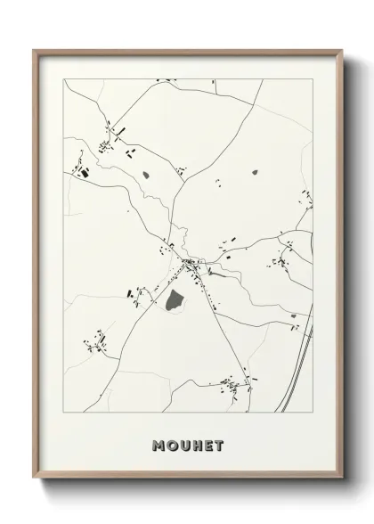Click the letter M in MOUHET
pos(158,446)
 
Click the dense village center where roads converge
pos(190,263)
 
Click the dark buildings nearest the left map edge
pos(85,172)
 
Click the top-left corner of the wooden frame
pos(34,51)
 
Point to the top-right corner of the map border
pos(313,79)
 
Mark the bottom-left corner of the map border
pos(62,413)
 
